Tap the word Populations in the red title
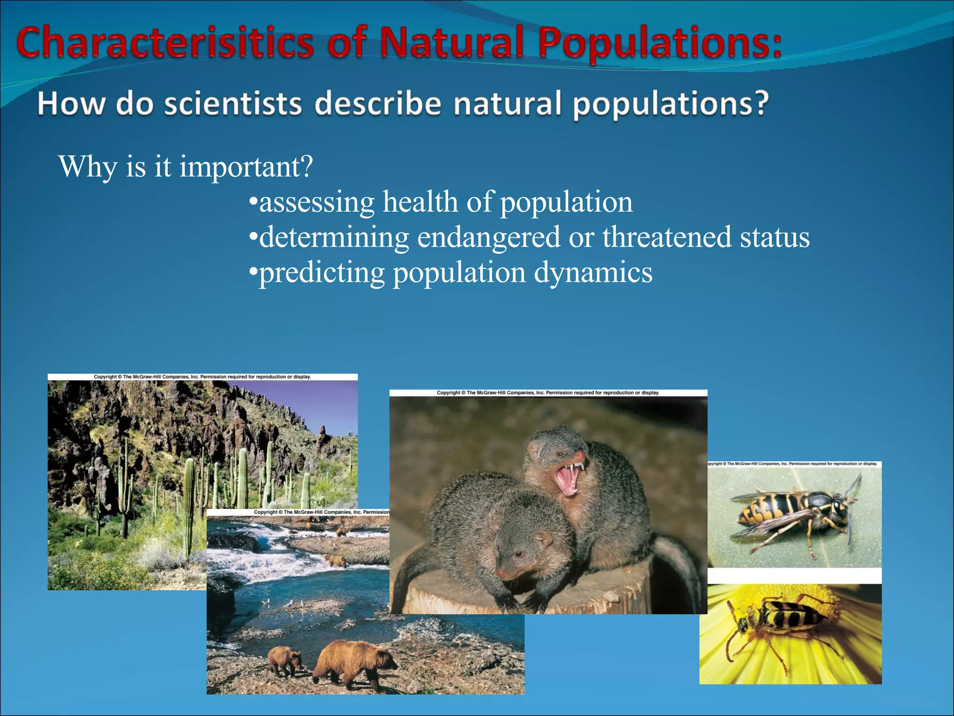click(x=659, y=43)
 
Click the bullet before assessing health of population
click(x=253, y=202)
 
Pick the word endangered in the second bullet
click(x=489, y=237)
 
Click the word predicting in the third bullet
click(x=321, y=273)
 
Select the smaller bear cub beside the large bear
click(x=285, y=660)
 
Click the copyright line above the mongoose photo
click(x=548, y=393)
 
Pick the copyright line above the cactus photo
click(x=202, y=377)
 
